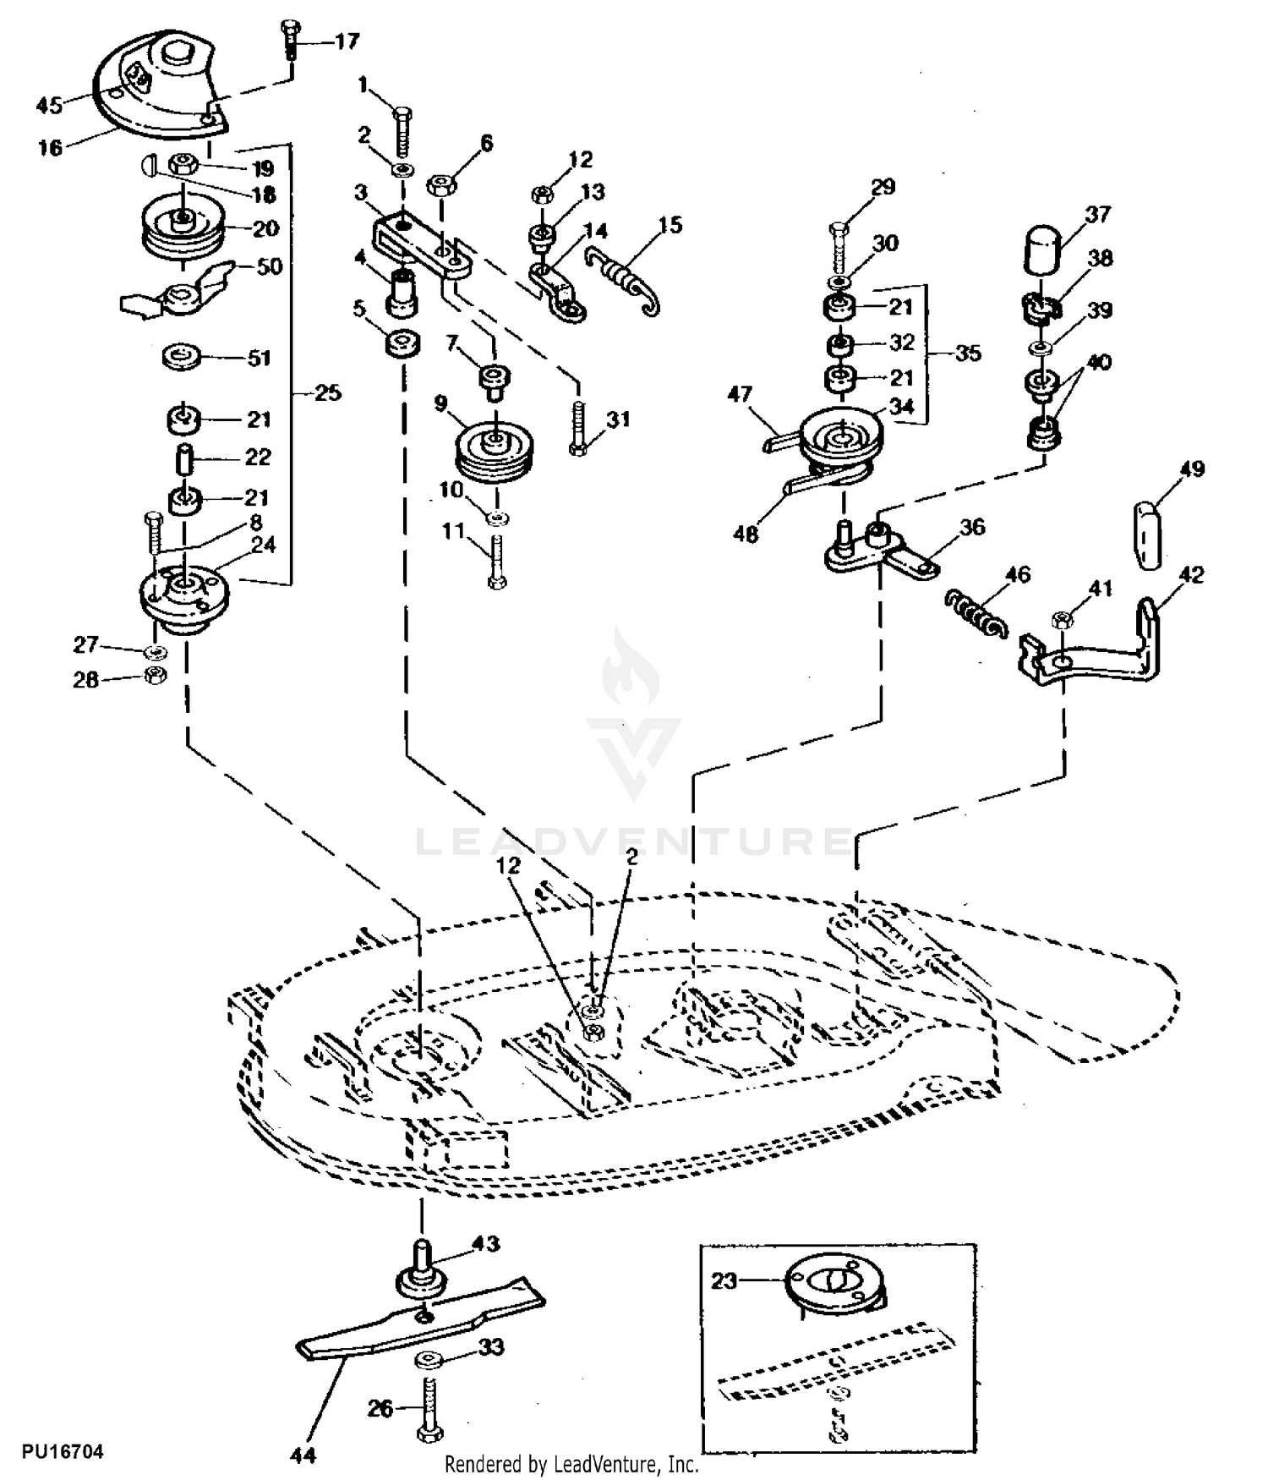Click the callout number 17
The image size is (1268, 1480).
(x=347, y=41)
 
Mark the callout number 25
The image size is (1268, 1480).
(x=327, y=392)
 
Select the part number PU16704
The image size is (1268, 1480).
(x=63, y=1452)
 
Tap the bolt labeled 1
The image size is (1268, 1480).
(x=402, y=131)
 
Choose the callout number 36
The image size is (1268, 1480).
(x=973, y=527)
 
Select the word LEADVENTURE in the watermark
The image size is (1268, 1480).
(x=634, y=841)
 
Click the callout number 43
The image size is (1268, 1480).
(x=486, y=1243)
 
